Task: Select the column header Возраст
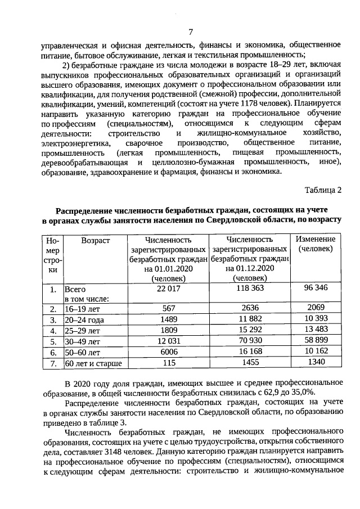tap(95, 240)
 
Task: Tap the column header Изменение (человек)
tap(316, 244)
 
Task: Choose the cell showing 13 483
tap(316, 331)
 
